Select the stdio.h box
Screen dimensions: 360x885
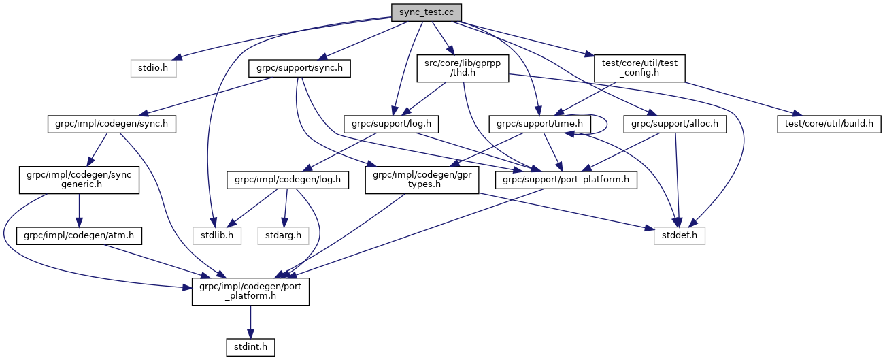click(153, 69)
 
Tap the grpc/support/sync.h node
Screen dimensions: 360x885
click(300, 69)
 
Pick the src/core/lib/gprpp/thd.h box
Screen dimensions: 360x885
click(463, 69)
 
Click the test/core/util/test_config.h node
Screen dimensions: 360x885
click(639, 69)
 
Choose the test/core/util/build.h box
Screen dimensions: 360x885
click(829, 125)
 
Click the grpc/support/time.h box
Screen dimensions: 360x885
click(539, 125)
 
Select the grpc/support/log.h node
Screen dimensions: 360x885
click(393, 125)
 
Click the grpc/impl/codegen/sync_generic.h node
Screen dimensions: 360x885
click(78, 180)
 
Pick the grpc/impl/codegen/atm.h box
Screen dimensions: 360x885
click(78, 236)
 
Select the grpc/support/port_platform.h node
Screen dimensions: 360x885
click(567, 180)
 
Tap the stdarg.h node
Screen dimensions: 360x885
click(284, 236)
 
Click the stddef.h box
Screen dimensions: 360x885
click(680, 236)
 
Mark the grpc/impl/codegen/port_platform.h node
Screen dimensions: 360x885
click(250, 292)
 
